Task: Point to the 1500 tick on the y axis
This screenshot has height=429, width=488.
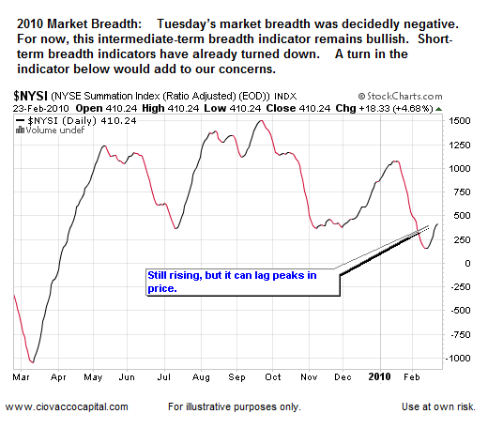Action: click(x=459, y=121)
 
